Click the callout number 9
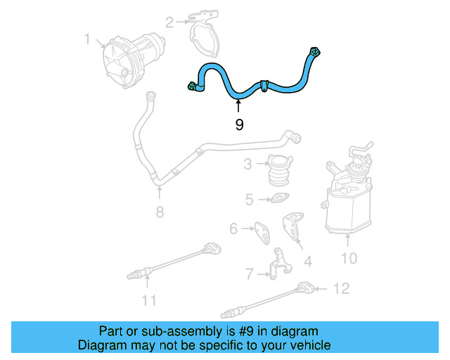239,125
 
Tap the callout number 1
88,39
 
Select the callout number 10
349,259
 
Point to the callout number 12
341,288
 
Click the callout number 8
160,210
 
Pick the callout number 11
148,302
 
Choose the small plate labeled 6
261,231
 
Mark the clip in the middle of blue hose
263,86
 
